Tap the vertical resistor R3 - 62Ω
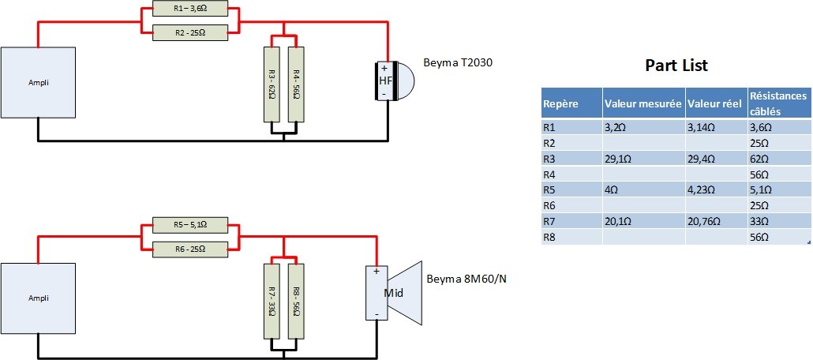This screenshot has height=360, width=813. coord(271,84)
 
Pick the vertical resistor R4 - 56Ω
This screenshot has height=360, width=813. coord(295,84)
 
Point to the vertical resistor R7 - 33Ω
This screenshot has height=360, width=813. coord(271,301)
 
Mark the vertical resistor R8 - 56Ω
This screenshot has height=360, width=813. coord(295,301)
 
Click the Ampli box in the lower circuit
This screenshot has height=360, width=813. coord(39,298)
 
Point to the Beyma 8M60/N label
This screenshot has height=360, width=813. coord(466,279)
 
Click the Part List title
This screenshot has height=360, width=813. coord(676,65)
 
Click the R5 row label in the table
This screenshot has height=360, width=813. coord(550,189)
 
